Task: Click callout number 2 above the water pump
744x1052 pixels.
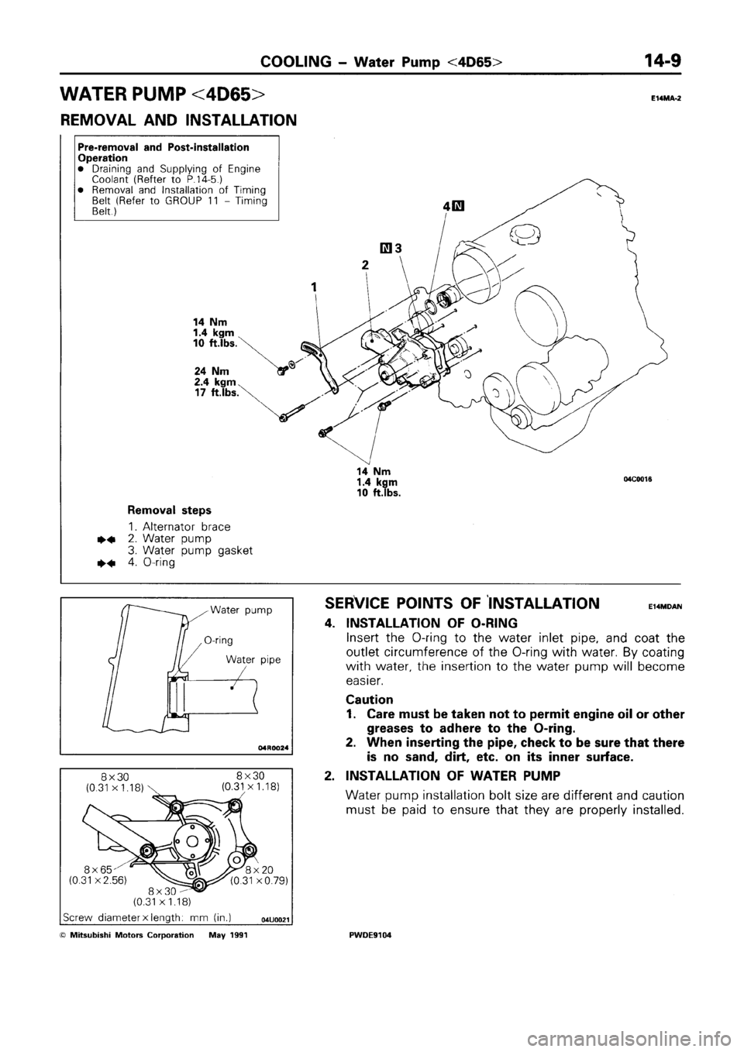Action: pyautogui.click(x=365, y=264)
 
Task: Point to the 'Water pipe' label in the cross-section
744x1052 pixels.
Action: pyautogui.click(x=248, y=660)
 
